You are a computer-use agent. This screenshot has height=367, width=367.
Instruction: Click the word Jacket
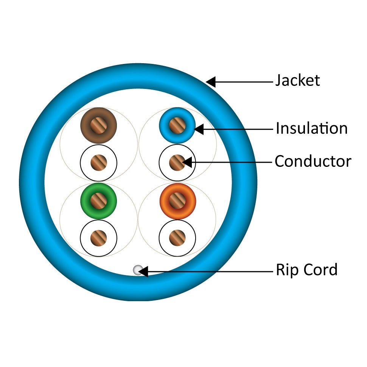point(297,81)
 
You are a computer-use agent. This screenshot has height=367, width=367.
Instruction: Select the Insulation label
point(311,129)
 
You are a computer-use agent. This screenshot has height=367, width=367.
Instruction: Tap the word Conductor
point(313,162)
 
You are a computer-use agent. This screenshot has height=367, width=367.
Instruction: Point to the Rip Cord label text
point(306,270)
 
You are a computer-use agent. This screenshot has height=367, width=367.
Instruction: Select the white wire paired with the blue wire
point(165,163)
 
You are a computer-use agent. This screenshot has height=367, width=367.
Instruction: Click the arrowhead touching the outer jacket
point(211,81)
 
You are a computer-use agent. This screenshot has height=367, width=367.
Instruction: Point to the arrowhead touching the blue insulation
point(199,129)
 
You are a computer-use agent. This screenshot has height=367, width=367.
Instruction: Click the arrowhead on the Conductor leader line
point(187,163)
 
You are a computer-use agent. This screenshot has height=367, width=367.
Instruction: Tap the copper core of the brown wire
point(98,126)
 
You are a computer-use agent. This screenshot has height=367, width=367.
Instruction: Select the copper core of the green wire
point(98,201)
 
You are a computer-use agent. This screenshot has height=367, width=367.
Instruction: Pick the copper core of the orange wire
point(177,201)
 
